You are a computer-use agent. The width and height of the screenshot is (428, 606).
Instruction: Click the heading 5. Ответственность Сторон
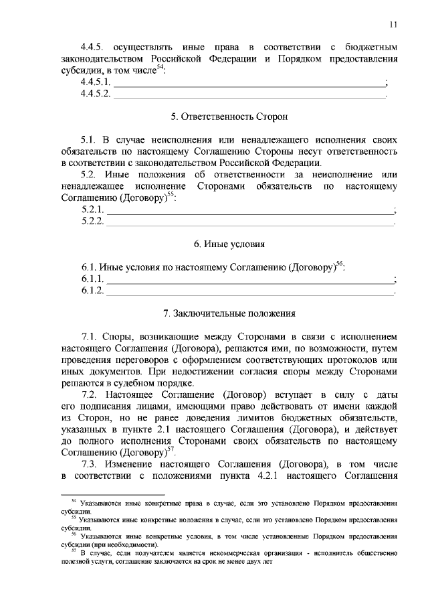click(x=229, y=117)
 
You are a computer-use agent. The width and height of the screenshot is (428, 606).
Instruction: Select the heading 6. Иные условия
click(x=229, y=244)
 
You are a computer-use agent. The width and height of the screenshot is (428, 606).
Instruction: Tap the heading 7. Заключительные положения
click(x=229, y=313)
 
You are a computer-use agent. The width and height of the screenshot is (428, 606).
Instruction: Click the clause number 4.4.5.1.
click(x=96, y=82)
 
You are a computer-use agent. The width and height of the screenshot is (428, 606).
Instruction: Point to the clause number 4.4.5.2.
click(x=96, y=94)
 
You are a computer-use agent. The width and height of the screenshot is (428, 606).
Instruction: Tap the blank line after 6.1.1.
click(x=251, y=279)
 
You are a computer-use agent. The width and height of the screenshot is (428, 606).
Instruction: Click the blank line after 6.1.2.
click(x=251, y=291)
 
